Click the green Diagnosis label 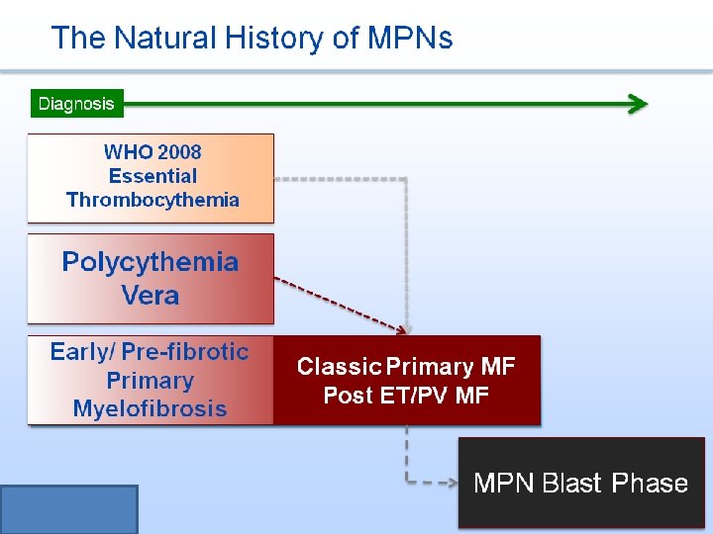[76, 103]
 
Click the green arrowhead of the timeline [639, 104]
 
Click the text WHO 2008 [153, 152]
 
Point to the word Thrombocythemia [153, 200]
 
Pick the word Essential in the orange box [153, 176]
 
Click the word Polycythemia [151, 262]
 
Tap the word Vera [151, 295]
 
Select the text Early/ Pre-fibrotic [150, 352]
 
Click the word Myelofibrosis [150, 408]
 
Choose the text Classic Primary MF [406, 367]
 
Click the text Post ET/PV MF [406, 396]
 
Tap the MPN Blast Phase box [580, 483]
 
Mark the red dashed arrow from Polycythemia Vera [337, 303]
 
